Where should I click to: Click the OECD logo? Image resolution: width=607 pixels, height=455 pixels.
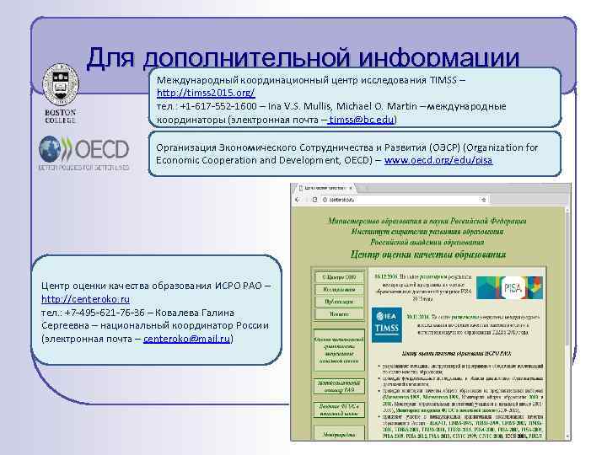coord(83,153)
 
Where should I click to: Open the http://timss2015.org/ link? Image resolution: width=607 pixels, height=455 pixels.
coord(206,91)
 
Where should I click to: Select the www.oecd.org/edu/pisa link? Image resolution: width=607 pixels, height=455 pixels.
coord(438,160)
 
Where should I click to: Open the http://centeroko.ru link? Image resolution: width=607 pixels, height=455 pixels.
coord(85,299)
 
